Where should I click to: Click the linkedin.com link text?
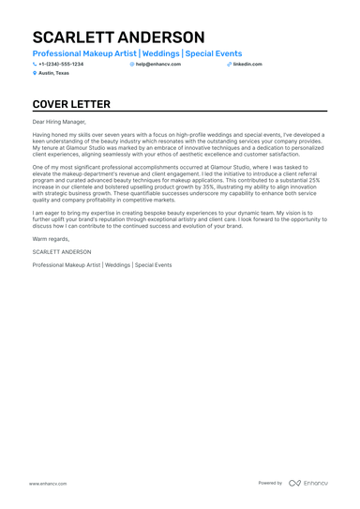247,64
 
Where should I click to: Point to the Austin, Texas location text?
53,72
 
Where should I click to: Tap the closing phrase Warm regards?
50,240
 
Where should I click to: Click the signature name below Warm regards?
62,251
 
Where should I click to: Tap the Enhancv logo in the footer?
308,483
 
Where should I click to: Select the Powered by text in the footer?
270,483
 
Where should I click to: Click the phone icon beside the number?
35,64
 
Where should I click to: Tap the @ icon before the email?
132,64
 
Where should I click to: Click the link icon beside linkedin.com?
229,64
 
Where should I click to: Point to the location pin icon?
35,72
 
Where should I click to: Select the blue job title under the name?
137,54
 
